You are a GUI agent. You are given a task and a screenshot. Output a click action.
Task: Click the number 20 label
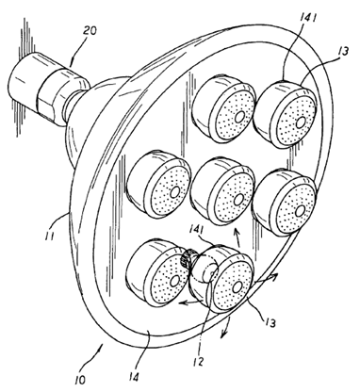90,31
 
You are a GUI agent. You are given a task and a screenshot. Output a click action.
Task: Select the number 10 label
80,381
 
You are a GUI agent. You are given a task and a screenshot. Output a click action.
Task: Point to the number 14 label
134,377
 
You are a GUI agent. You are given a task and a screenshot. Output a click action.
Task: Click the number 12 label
199,361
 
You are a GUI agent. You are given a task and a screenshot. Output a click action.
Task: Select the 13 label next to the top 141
343,51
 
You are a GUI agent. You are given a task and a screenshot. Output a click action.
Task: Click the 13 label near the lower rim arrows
270,322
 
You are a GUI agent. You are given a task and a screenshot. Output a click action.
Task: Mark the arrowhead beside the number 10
101,346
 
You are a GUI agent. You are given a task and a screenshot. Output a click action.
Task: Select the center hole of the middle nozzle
238,199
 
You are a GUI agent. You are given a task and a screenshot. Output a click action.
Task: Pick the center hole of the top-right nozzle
301,122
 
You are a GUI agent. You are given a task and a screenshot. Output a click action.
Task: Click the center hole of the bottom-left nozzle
174,281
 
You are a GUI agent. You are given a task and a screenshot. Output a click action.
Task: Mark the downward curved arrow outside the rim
225,329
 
